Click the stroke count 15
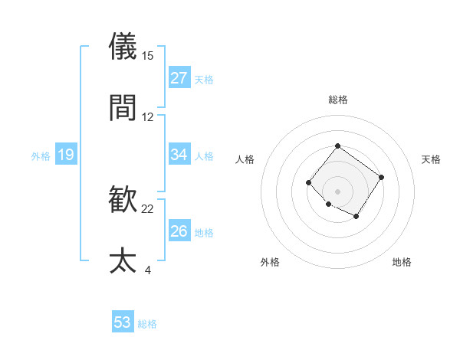pyautogui.click(x=148, y=56)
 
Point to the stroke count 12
pyautogui.click(x=148, y=116)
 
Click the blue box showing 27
pyautogui.click(x=179, y=77)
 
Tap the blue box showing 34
pyautogui.click(x=179, y=155)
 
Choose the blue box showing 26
pyautogui.click(x=179, y=231)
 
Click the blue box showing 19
pyautogui.click(x=66, y=155)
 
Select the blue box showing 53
pyautogui.click(x=123, y=322)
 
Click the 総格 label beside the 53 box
pyautogui.click(x=147, y=324)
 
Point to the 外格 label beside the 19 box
pyautogui.click(x=41, y=156)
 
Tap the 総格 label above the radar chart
pyautogui.click(x=337, y=100)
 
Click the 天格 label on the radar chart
pyautogui.click(x=431, y=159)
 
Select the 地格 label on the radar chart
pyautogui.click(x=402, y=262)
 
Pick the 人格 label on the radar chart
pyautogui.click(x=245, y=159)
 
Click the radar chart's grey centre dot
pyautogui.click(x=337, y=191)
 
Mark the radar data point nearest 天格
pyautogui.click(x=382, y=178)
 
